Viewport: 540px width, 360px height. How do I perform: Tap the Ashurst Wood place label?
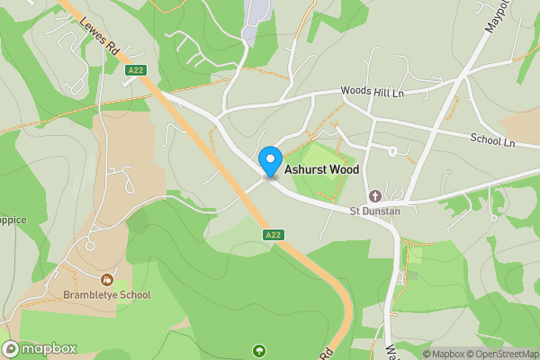tap(321, 169)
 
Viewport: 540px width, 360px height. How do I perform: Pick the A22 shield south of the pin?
tap(275, 235)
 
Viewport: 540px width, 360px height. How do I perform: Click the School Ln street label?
tap(491, 140)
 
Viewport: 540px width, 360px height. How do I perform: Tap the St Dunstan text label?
tap(374, 211)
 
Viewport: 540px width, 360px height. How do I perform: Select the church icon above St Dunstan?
tap(374, 196)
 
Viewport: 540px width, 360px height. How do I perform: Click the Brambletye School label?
tap(106, 294)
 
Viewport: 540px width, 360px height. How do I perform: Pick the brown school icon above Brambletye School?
tap(107, 280)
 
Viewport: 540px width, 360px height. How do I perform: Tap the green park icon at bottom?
tap(261, 350)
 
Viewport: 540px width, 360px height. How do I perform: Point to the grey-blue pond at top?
tap(257, 13)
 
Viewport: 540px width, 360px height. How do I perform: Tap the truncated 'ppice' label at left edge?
tap(13, 219)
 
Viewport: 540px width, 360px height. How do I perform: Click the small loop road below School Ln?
tap(392, 150)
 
